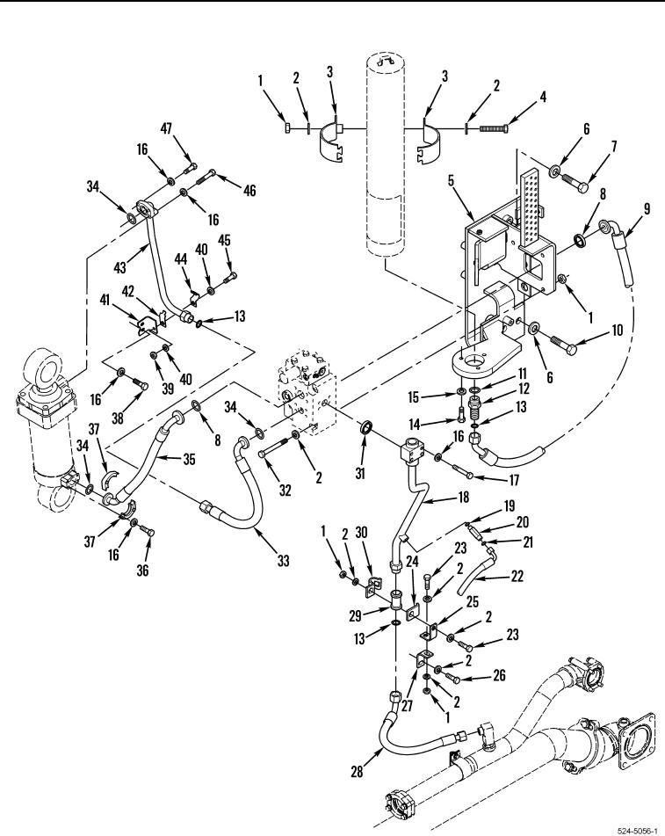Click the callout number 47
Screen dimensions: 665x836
pyautogui.click(x=167, y=129)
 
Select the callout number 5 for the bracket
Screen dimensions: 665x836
pyautogui.click(x=452, y=180)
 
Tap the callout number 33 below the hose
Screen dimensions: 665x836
pyautogui.click(x=283, y=560)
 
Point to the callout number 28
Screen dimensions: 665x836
pyautogui.click(x=357, y=772)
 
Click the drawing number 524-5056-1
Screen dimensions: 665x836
pyautogui.click(x=639, y=831)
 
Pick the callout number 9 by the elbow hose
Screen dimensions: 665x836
pyautogui.click(x=647, y=208)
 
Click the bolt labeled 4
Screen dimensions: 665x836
pyautogui.click(x=495, y=128)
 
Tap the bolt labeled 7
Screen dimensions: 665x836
pyautogui.click(x=574, y=182)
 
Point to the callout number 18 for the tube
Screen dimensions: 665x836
pyautogui.click(x=464, y=497)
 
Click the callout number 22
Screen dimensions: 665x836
pyautogui.click(x=517, y=577)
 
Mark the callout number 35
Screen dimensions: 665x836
pyautogui.click(x=189, y=459)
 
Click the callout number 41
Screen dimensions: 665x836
pyautogui.click(x=105, y=300)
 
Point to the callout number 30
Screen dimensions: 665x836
pyautogui.click(x=361, y=533)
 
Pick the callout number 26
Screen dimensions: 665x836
pyautogui.click(x=499, y=675)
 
